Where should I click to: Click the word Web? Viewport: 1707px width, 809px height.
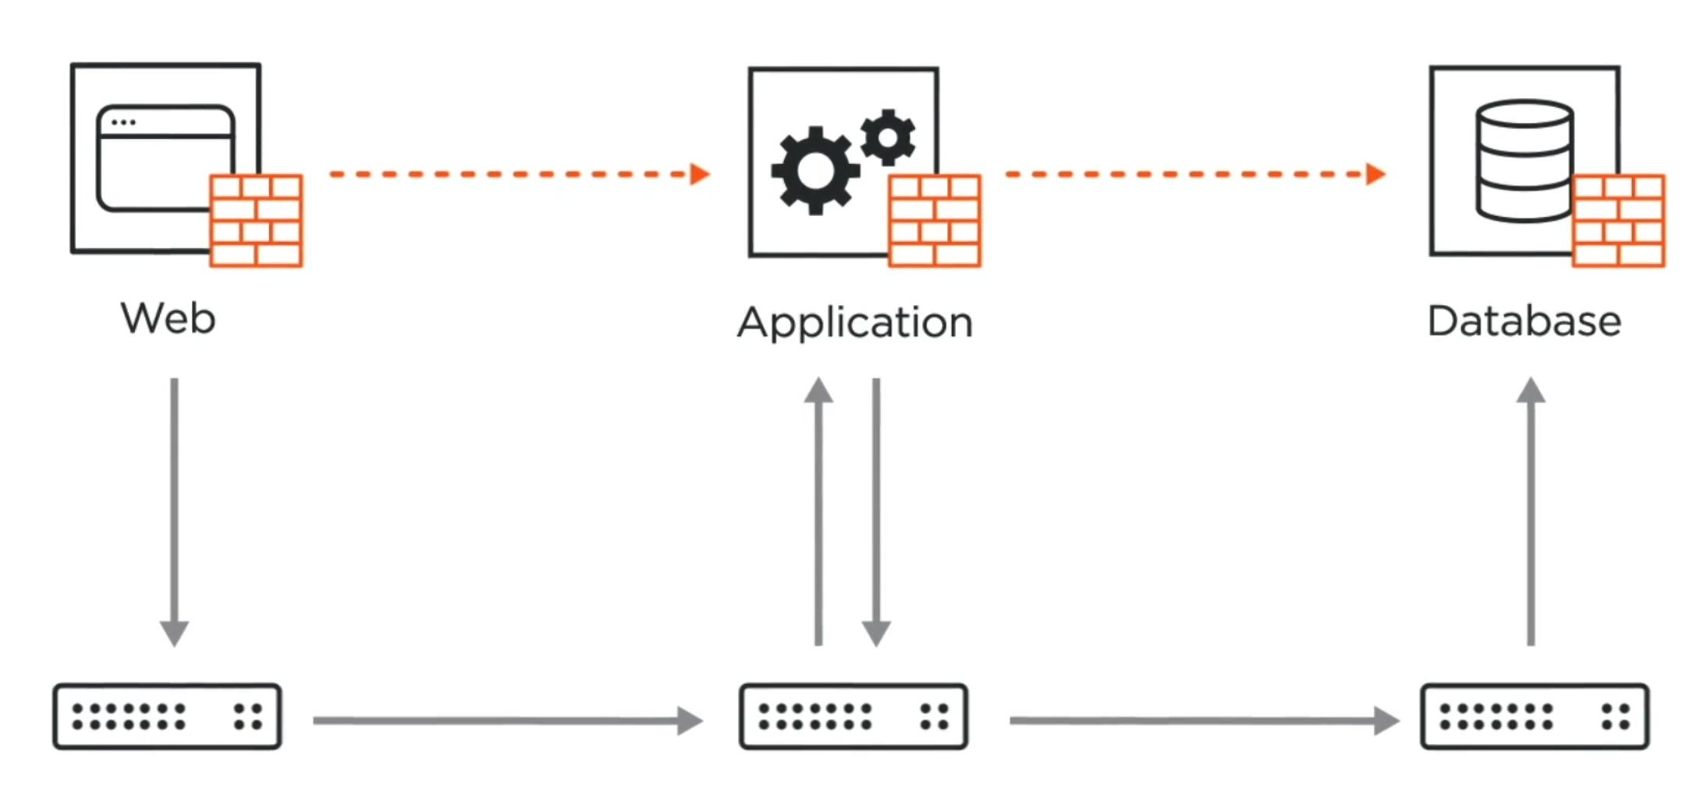[x=168, y=318]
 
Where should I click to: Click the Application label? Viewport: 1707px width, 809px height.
[x=855, y=322]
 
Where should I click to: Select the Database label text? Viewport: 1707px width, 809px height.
[x=1524, y=321]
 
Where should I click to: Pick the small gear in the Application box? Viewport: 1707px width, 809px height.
[x=888, y=137]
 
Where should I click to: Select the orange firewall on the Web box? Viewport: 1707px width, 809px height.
[x=256, y=221]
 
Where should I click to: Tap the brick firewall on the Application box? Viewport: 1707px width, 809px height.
[x=934, y=221]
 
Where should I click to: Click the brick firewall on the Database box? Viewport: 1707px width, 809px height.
[x=1618, y=221]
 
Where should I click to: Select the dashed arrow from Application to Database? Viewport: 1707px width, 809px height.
[x=1194, y=174]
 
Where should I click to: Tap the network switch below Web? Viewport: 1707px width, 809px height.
[x=167, y=716]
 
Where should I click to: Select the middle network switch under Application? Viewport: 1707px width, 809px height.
[x=853, y=716]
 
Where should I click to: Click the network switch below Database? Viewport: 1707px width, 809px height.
[x=1535, y=716]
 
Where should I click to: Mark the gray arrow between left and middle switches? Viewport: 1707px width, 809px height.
[x=507, y=721]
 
